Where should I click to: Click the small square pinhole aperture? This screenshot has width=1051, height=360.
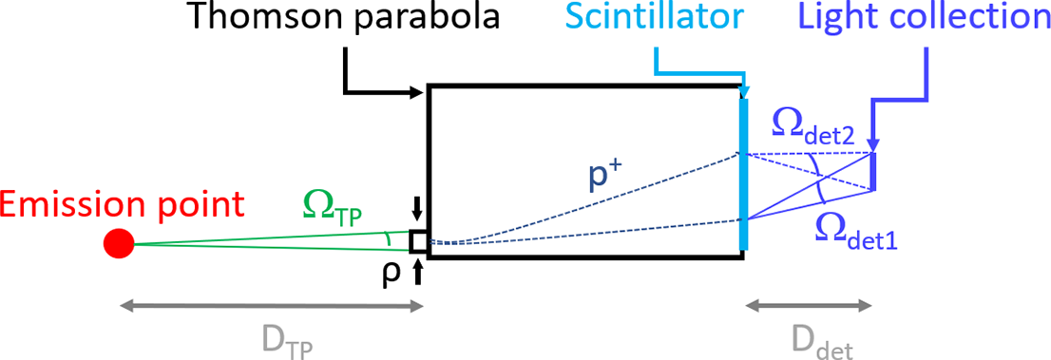(418, 243)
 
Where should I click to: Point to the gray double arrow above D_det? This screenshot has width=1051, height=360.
(809, 306)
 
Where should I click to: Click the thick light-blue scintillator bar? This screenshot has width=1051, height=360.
(743, 171)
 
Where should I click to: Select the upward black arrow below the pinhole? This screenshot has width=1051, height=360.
(418, 272)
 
